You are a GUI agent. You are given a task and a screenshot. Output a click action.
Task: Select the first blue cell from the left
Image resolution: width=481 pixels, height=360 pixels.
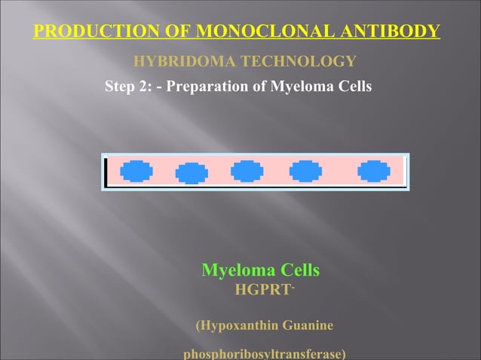136,172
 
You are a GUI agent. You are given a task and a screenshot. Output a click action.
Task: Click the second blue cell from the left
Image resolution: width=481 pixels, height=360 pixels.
191,172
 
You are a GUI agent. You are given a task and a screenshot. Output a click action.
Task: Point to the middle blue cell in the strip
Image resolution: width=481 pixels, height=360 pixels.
247,172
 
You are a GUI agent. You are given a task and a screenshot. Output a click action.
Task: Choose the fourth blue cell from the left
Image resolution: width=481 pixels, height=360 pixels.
305,172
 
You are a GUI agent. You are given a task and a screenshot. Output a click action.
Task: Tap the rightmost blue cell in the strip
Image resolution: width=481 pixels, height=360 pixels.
374,172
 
